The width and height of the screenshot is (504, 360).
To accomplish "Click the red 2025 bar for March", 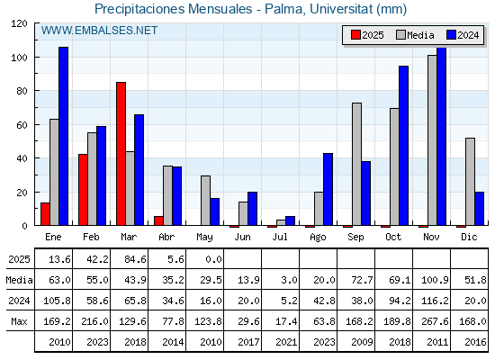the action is (121, 154).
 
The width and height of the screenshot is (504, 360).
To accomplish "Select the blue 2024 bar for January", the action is (63, 136).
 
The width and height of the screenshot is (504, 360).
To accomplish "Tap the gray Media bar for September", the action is (356, 164).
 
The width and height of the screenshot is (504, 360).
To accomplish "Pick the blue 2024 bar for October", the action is (404, 146).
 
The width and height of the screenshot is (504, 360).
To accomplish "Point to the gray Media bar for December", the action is (470, 182).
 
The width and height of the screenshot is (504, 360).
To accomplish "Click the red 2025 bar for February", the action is (83, 190).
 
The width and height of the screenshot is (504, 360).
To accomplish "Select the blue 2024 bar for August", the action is (328, 189).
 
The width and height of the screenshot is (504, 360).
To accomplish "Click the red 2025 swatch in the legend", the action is (355, 35).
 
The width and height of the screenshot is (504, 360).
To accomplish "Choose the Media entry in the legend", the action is (415, 35).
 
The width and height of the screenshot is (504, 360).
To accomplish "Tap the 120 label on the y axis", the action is (19, 23).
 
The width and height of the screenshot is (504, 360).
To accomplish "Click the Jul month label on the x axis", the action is (280, 237).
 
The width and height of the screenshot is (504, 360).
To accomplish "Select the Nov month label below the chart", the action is (431, 237).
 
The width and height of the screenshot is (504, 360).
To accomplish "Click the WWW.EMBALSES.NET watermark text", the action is (99, 31).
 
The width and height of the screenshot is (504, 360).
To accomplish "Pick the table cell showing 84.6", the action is (135, 259).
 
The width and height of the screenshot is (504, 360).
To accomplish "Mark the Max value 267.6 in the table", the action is (435, 321).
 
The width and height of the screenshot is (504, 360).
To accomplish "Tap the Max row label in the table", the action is (19, 321).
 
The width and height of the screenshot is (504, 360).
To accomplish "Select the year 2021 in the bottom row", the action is (286, 342).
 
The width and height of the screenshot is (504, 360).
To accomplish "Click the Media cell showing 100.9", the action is (435, 280).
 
